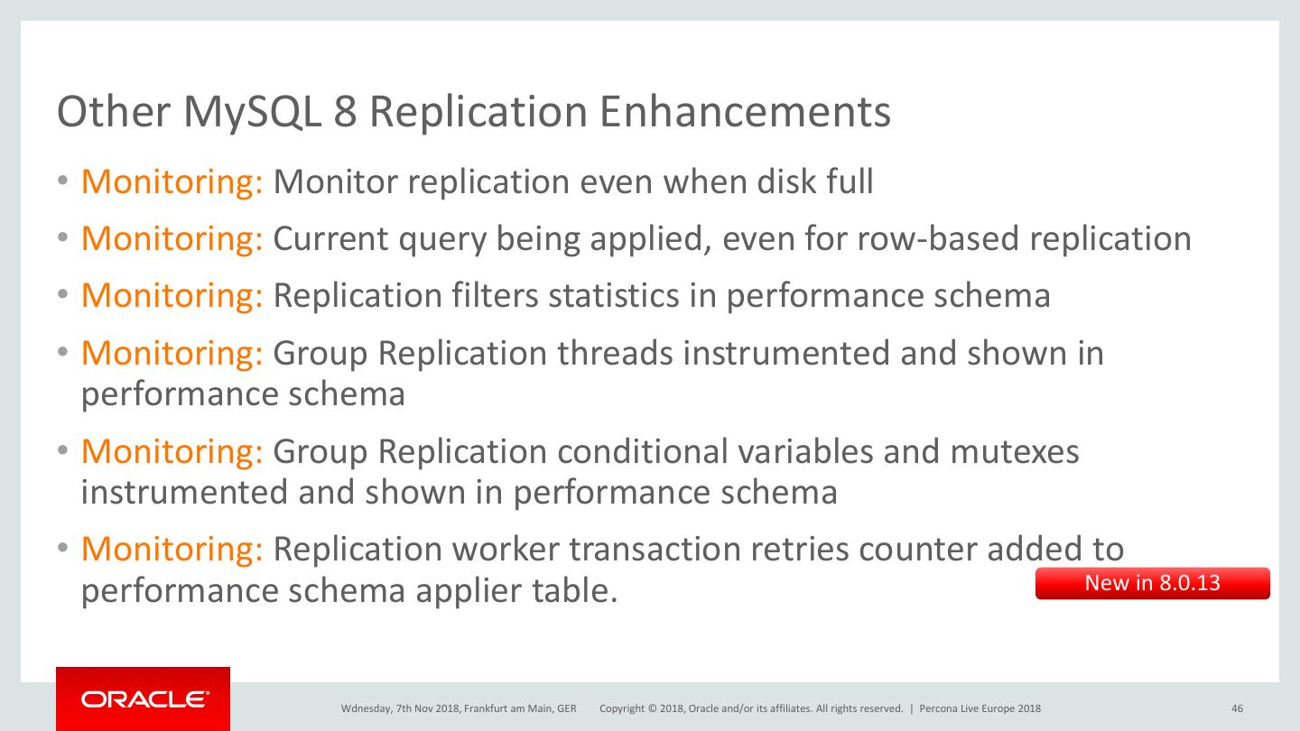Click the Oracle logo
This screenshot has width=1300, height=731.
144,699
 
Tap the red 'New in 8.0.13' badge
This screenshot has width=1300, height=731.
1152,583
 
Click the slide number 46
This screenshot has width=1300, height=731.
1237,708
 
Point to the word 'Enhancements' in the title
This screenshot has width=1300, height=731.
745,112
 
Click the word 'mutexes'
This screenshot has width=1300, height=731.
1014,450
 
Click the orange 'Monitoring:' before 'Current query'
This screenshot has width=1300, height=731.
172,238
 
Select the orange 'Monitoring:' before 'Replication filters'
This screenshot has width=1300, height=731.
172,295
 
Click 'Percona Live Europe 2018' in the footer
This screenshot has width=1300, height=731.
980,708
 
